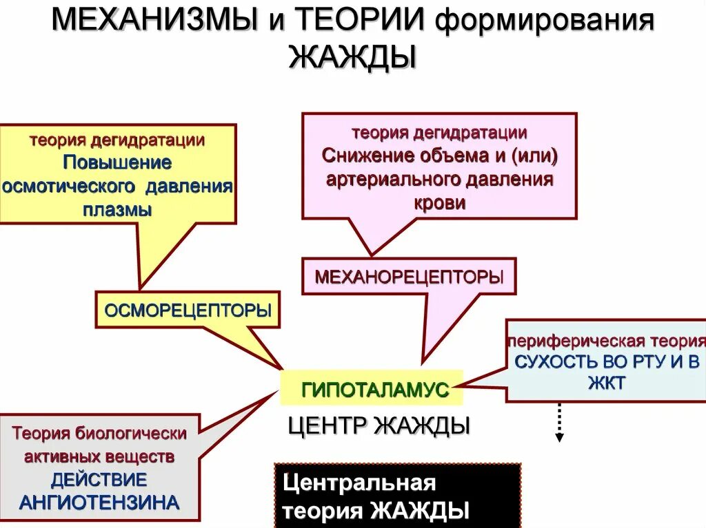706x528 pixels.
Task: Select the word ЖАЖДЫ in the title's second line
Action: pyautogui.click(x=352, y=57)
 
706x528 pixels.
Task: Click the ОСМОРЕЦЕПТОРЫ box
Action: pyautogui.click(x=188, y=310)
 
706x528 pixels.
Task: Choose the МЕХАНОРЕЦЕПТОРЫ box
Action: pyautogui.click(x=409, y=277)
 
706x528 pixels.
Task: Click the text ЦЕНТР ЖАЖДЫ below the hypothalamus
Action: pyautogui.click(x=379, y=425)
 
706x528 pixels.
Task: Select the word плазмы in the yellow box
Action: pyautogui.click(x=117, y=211)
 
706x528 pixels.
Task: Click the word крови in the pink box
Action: pyautogui.click(x=439, y=203)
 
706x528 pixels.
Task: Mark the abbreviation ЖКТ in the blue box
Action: pyautogui.click(x=607, y=383)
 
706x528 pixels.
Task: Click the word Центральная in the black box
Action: pyautogui.click(x=360, y=483)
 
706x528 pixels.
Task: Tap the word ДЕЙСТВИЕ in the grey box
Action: pyautogui.click(x=99, y=479)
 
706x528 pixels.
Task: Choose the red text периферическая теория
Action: pyautogui.click(x=607, y=341)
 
